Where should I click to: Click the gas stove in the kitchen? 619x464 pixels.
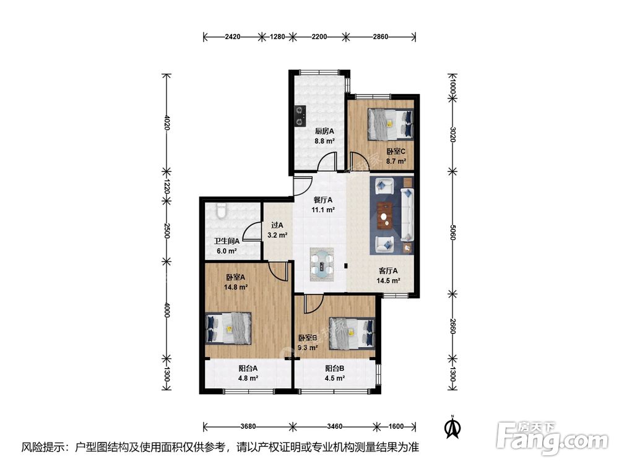click(x=301, y=116)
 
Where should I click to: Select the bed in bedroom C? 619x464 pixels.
click(x=391, y=124)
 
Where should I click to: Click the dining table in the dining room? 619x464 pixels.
click(x=322, y=264)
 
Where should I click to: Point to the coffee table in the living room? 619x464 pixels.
click(x=385, y=215)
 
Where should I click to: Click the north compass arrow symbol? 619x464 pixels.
click(x=453, y=427)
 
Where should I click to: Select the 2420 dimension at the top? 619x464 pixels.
click(x=233, y=37)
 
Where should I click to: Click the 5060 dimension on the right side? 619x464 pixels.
click(x=453, y=232)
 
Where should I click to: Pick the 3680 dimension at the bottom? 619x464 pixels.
click(x=248, y=426)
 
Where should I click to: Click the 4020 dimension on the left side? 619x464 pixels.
click(x=167, y=122)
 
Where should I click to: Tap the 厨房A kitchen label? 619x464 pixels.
click(x=324, y=131)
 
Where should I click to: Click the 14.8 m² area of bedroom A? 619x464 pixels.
click(x=236, y=287)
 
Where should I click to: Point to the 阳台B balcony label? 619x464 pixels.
click(x=335, y=369)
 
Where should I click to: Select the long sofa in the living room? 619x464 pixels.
click(x=407, y=215)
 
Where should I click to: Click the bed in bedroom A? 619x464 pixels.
click(x=228, y=328)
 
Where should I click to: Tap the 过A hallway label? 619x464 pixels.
click(x=277, y=225)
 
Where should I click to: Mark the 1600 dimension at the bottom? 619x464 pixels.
click(x=396, y=426)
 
